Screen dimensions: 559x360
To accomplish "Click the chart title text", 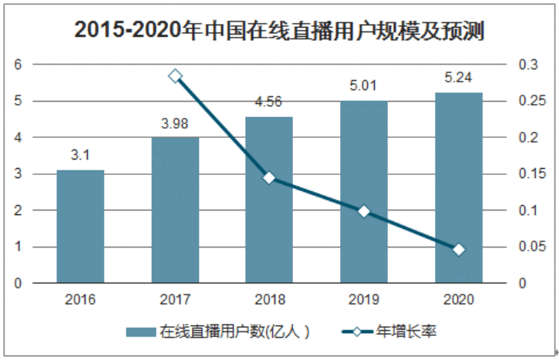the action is [x=279, y=30].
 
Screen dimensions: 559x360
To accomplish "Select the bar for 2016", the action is [x=80, y=227].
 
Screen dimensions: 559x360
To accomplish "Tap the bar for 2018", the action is [x=269, y=200].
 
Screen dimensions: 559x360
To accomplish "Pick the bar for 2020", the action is [x=459, y=187].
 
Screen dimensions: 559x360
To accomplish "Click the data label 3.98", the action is [x=175, y=123].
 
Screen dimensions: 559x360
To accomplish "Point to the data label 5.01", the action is [x=363, y=86].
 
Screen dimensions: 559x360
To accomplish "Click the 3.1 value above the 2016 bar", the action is [x=80, y=155].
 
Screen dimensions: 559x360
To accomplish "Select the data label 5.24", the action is [x=459, y=77].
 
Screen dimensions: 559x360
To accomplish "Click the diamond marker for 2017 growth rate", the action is [x=175, y=76].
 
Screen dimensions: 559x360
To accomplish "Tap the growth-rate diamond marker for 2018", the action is [x=269, y=178].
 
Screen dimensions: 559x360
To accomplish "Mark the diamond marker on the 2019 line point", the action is [x=364, y=211].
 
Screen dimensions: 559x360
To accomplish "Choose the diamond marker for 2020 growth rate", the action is [x=459, y=250].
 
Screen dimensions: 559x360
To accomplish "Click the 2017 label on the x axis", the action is [x=175, y=299].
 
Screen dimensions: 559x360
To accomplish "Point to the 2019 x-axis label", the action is [x=364, y=299].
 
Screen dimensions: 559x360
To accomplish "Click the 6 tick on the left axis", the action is [x=18, y=65].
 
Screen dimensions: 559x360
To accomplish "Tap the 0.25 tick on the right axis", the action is [x=532, y=101].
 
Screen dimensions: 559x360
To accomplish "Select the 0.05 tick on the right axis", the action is [x=532, y=247].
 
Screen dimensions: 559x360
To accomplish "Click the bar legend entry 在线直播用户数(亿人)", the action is [x=218, y=331].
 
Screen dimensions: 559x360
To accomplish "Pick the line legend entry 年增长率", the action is [x=389, y=331].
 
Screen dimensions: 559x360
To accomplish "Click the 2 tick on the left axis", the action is [x=18, y=210].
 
